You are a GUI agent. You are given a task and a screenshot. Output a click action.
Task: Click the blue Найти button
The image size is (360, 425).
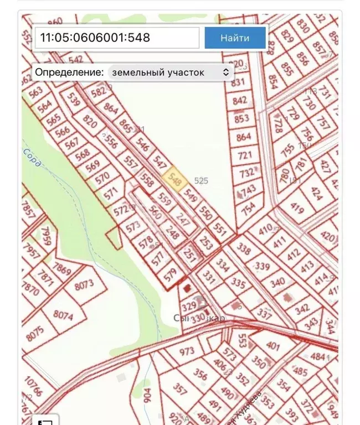(235, 38)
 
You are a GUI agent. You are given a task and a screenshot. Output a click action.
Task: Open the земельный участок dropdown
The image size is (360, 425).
(170, 72)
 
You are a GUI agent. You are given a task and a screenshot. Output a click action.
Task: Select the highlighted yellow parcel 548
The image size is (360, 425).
(175, 180)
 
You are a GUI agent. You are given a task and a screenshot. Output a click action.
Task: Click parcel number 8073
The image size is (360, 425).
(84, 286)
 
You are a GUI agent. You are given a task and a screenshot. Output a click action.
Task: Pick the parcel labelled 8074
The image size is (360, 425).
(63, 316)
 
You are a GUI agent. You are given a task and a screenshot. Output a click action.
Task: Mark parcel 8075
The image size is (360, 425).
(34, 334)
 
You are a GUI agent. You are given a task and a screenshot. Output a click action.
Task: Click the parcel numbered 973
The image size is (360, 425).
(187, 351)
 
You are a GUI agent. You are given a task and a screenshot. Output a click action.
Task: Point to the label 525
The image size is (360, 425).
(201, 181)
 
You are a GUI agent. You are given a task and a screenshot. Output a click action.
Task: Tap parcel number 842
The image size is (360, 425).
(240, 101)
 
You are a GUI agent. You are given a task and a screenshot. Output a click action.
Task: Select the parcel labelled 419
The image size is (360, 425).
(297, 209)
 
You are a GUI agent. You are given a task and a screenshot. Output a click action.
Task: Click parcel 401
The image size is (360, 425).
(273, 345)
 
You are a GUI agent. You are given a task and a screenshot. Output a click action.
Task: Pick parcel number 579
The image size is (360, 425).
(169, 273)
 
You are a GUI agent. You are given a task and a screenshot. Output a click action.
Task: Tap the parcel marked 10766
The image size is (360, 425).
(33, 386)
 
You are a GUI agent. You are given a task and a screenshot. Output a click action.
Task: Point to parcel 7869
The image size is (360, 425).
(61, 270)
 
